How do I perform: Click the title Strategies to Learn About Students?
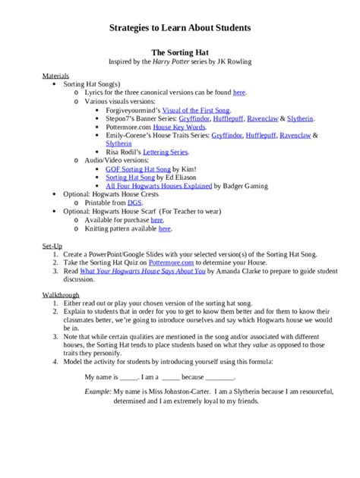tap(180, 27)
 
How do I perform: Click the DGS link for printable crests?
tap(134, 203)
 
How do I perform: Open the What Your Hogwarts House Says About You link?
tap(143, 270)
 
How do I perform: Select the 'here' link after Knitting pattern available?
tap(165, 228)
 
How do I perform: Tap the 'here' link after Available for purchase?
tap(156, 219)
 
